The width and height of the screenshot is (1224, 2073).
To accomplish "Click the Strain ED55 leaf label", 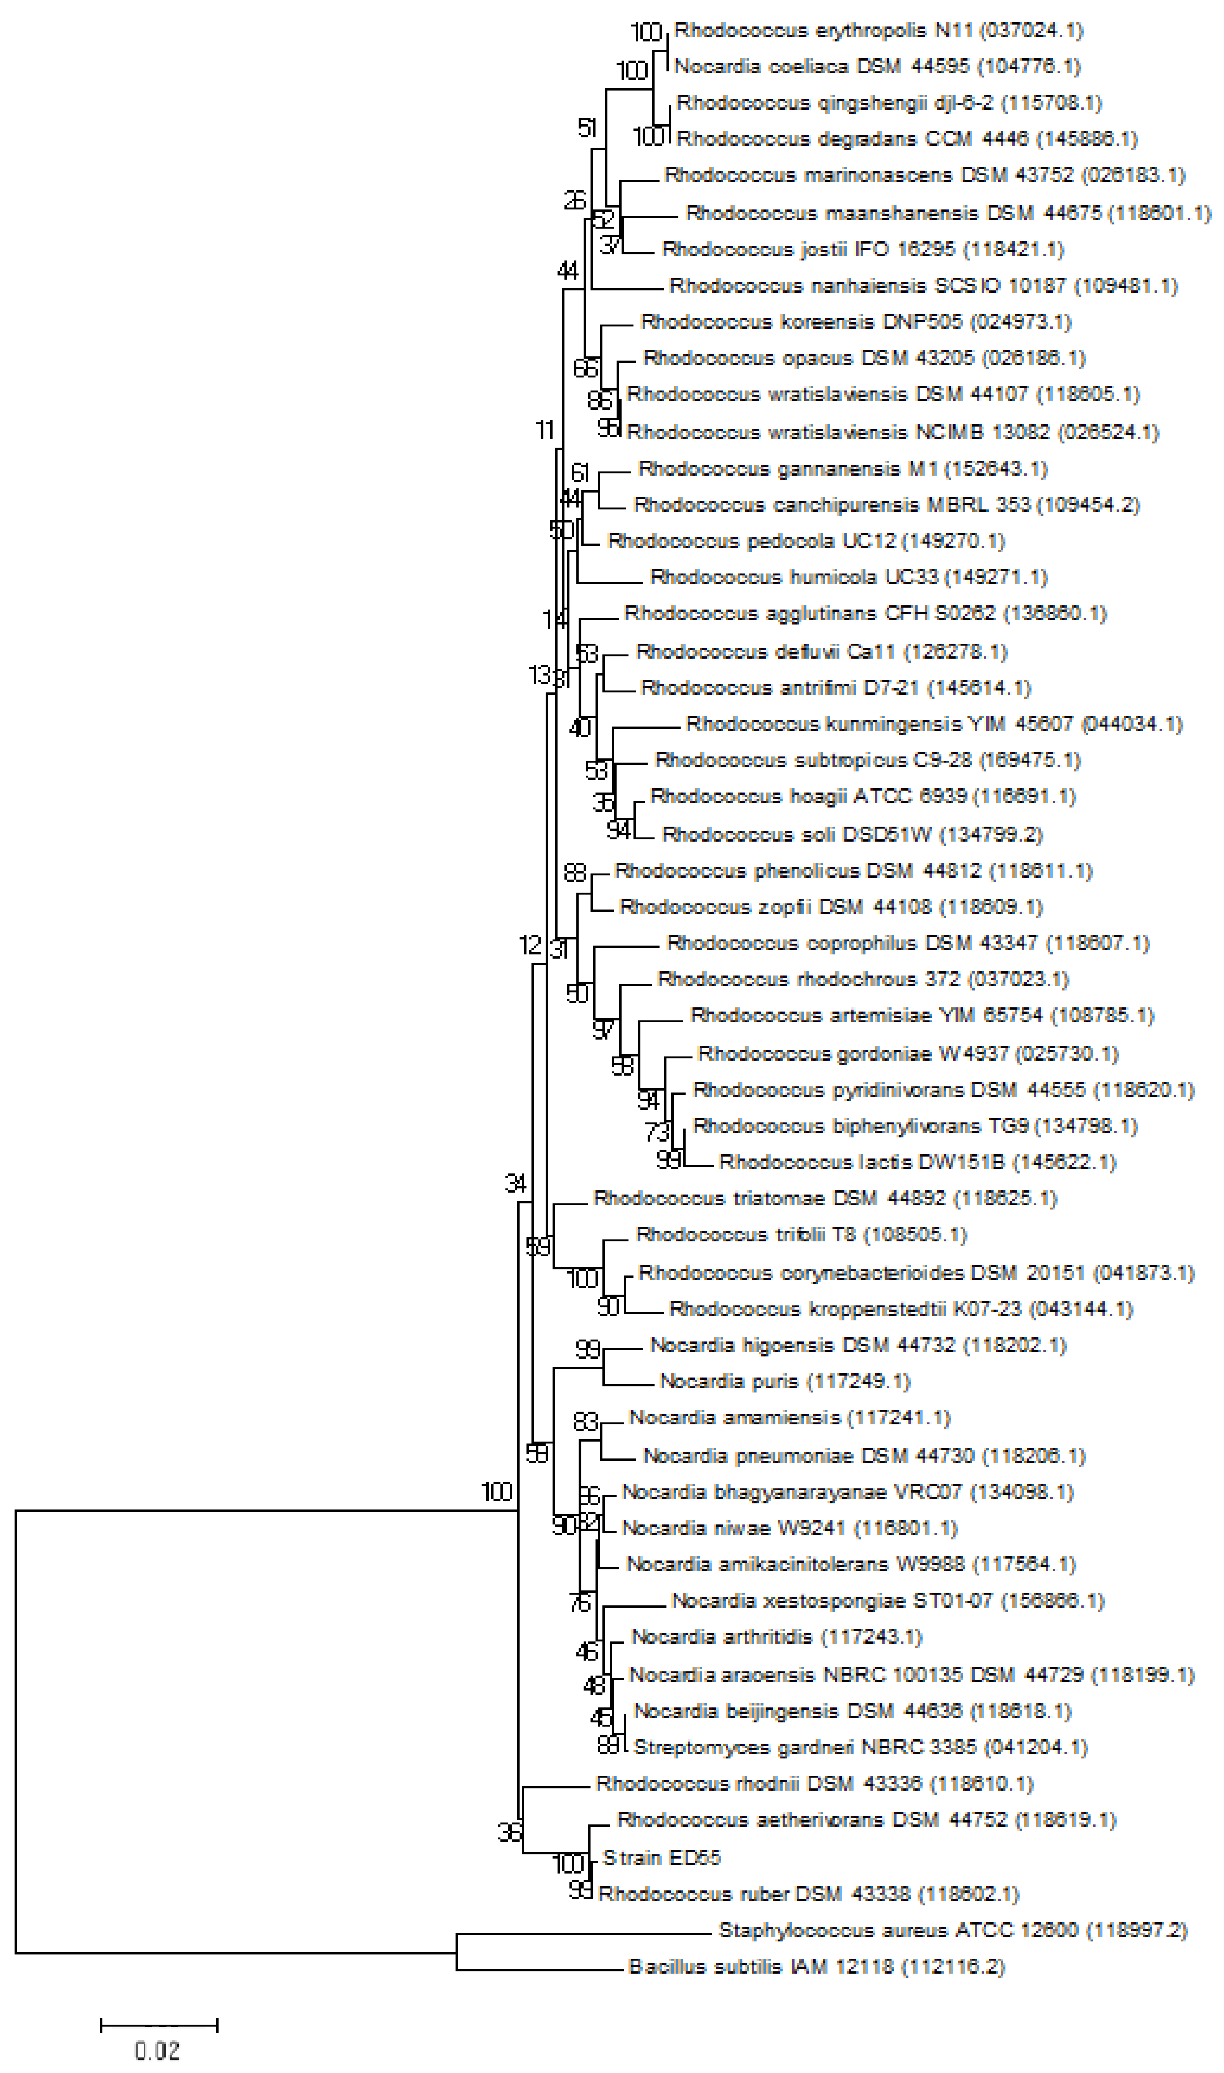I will coord(661,1858).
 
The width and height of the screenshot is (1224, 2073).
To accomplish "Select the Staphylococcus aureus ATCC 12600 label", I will coord(953,1930).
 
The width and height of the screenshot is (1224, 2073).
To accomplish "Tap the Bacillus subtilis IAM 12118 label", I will coord(816,1967).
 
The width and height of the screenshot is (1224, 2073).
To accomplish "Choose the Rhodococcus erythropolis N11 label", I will coord(879,31).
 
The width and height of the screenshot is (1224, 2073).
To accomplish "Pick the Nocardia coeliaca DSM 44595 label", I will coord(879,67).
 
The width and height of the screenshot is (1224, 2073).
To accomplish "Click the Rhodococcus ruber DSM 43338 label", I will coord(808,1894).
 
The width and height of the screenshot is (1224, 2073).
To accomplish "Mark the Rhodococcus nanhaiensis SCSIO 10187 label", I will coord(924,286).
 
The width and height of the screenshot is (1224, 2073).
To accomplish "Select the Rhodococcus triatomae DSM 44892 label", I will coord(825,1199).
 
